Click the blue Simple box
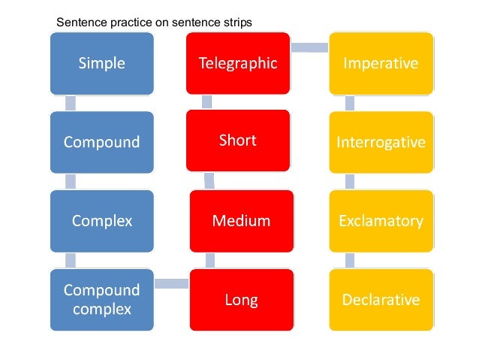pos(101,64)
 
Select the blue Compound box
pos(101,142)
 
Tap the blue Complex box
pos(101,221)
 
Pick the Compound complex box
pos(101,299)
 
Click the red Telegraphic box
pos(238,64)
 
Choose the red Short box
pos(238,141)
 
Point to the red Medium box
pos(241,221)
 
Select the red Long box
pos(241,300)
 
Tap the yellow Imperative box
pos(381,64)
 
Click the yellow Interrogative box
pos(381,142)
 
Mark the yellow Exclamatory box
pos(381,221)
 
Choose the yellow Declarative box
pos(381,300)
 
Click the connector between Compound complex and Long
pos(171,283)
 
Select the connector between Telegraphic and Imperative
pos(309,47)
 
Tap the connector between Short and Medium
pos(209,180)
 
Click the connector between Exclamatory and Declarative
pos(350,260)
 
